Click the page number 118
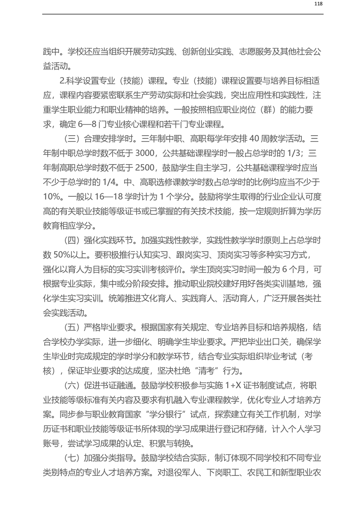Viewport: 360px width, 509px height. [318, 4]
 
